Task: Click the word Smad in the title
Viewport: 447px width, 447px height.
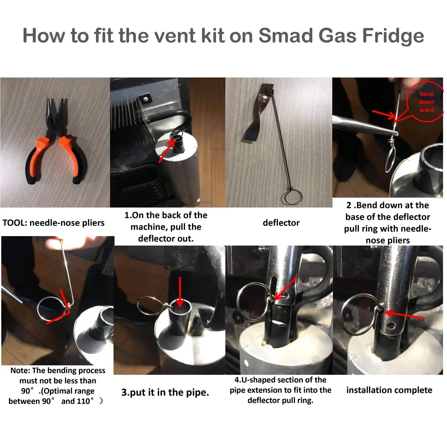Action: coord(286,35)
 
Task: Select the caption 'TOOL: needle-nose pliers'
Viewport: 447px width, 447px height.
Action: coord(54,223)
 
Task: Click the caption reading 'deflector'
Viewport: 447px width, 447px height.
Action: coord(281,223)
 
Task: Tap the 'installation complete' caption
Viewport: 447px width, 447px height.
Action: coord(389,390)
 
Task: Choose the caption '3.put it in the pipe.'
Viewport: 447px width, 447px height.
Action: coord(165,392)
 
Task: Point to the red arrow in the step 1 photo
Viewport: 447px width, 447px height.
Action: coord(167,150)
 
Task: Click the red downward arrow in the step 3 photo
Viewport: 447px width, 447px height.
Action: coord(180,292)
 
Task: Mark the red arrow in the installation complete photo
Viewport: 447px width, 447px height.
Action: coord(404,315)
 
